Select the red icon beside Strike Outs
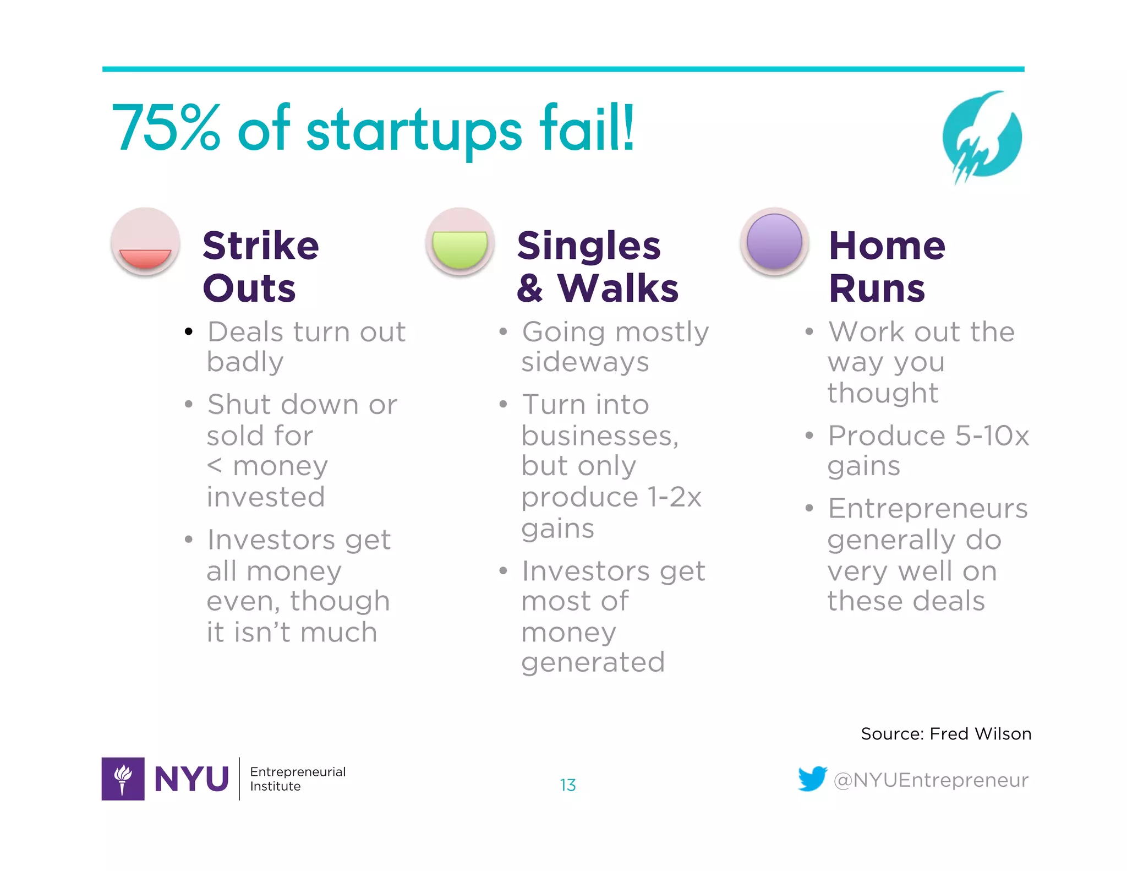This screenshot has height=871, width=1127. click(x=145, y=242)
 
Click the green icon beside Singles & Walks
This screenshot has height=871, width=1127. click(x=460, y=242)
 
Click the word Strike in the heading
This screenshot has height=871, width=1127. click(x=261, y=246)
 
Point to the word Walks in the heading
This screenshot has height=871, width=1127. click(x=618, y=288)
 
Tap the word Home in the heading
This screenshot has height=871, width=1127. click(x=887, y=246)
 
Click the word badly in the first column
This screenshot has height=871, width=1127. click(x=245, y=362)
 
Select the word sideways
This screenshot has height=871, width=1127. click(x=585, y=362)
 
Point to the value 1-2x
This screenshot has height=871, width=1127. click(x=674, y=497)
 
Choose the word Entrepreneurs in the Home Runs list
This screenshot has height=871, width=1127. click(x=928, y=508)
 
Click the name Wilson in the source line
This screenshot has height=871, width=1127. click(x=1003, y=734)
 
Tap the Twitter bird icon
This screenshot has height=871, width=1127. click(x=812, y=779)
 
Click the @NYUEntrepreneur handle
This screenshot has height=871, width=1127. click(x=931, y=780)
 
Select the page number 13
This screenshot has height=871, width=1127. click(x=568, y=785)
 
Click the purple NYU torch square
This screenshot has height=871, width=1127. click(x=123, y=779)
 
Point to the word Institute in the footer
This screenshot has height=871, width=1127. click(x=275, y=786)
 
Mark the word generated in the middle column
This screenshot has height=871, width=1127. click(x=593, y=662)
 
